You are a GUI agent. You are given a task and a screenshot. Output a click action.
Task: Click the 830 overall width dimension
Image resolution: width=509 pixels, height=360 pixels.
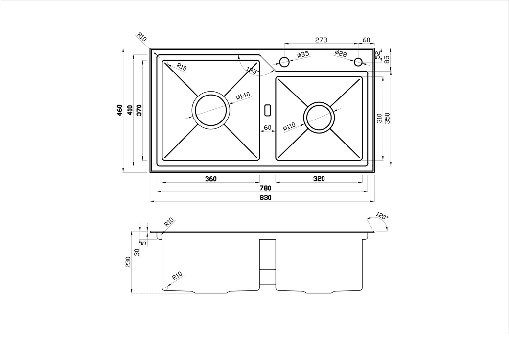click(x=266, y=197)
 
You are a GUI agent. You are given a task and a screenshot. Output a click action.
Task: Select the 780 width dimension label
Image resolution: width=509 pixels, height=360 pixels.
click(x=265, y=188)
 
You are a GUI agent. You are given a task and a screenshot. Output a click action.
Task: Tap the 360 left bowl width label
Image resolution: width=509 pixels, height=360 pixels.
click(x=210, y=179)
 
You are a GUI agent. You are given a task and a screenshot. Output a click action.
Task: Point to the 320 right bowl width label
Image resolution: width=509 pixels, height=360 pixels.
click(x=319, y=179)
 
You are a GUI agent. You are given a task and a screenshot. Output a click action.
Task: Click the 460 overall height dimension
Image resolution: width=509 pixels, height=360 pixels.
click(x=120, y=110)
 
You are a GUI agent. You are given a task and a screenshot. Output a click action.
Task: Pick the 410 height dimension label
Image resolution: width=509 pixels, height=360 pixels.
click(x=130, y=110)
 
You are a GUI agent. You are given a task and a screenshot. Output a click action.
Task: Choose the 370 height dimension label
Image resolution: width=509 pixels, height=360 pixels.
click(x=139, y=110)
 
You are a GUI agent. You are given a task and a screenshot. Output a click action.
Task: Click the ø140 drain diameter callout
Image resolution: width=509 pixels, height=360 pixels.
click(x=243, y=96)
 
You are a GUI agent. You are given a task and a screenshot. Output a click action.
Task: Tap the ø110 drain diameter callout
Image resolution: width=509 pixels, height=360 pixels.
click(x=289, y=126)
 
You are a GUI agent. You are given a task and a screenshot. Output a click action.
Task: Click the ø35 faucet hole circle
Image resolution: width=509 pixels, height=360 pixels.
click(x=284, y=62)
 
